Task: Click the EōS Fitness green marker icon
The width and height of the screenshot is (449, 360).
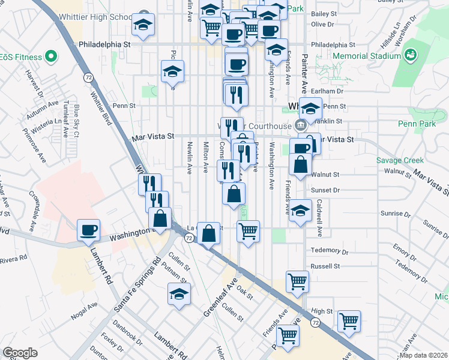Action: click(51, 58)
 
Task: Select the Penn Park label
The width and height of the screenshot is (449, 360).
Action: click(415, 124)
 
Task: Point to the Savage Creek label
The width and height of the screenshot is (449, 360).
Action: click(400, 160)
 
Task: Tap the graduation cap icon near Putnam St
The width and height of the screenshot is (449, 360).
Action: click(178, 294)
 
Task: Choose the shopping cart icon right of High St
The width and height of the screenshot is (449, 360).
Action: click(348, 322)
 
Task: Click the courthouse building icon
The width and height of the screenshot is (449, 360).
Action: click(300, 125)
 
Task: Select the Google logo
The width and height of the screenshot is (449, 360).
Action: click(20, 353)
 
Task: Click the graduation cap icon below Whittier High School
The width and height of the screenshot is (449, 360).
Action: click(142, 25)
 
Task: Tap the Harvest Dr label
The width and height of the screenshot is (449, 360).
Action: click(35, 84)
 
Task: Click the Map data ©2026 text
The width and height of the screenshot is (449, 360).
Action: click(423, 355)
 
